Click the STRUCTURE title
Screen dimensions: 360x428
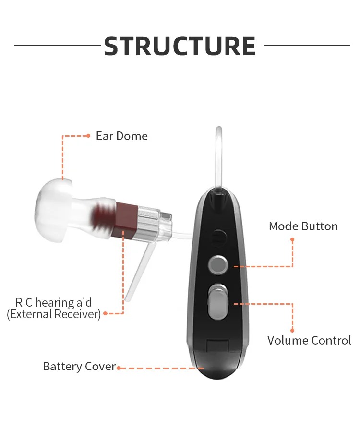coord(180,46)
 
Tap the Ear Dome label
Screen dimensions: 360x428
coord(121,136)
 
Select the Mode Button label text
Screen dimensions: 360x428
coord(303,226)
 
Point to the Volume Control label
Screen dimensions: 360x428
coord(309,340)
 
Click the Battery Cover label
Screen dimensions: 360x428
coord(79,367)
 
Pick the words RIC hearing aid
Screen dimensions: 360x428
coord(53,303)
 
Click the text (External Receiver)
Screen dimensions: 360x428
coord(53,314)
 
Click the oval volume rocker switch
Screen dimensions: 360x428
coord(218,303)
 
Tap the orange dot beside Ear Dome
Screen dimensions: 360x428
coord(88,136)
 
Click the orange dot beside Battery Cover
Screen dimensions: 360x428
coord(118,368)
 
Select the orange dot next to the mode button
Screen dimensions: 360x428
coord(235,266)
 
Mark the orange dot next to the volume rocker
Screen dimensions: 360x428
coord(235,303)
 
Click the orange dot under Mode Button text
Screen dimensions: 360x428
coord(292,238)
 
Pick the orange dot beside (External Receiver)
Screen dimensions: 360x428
coord(105,314)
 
